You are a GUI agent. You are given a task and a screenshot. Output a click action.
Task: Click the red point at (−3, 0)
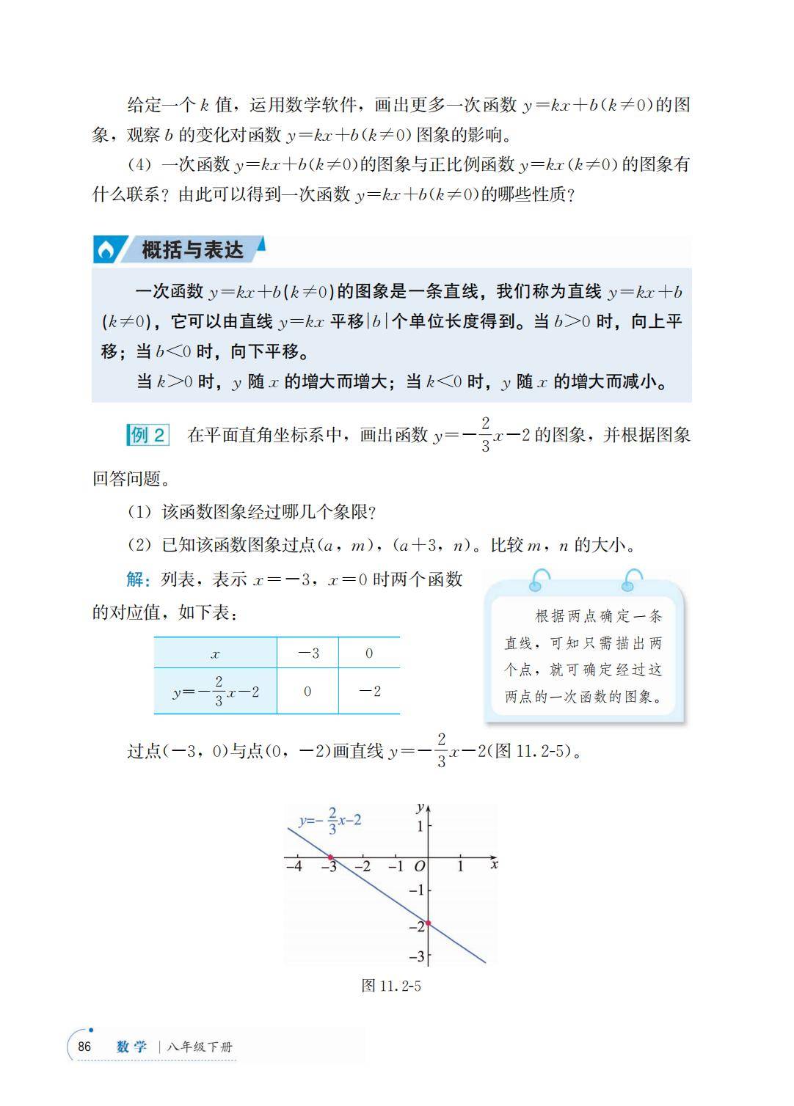click(330, 857)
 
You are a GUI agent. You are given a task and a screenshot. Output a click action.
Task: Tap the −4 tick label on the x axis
click(294, 866)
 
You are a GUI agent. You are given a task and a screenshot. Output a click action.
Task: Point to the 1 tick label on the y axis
click(420, 827)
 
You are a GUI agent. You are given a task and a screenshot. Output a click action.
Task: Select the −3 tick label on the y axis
click(416, 956)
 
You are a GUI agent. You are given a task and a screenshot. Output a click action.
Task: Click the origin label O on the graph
click(419, 867)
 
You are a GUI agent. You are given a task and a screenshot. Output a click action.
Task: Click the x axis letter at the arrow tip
click(494, 865)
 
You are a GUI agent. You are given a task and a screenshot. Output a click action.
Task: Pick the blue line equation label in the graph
click(329, 821)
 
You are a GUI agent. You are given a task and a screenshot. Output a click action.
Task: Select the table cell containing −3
click(307, 653)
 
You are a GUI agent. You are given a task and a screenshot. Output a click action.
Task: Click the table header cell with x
click(215, 653)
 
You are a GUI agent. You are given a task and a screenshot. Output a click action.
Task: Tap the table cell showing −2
click(368, 691)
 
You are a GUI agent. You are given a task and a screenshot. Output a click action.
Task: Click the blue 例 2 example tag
click(147, 435)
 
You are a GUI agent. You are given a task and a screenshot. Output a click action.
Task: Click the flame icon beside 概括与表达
click(106, 251)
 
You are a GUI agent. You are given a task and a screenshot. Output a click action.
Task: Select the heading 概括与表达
click(192, 250)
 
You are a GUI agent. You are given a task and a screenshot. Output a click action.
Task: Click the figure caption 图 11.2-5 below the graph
click(391, 986)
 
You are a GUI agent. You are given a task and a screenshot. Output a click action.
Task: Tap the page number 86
click(84, 1047)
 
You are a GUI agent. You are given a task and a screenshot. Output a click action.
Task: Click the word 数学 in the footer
click(132, 1047)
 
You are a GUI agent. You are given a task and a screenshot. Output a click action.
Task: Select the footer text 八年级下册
click(200, 1047)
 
